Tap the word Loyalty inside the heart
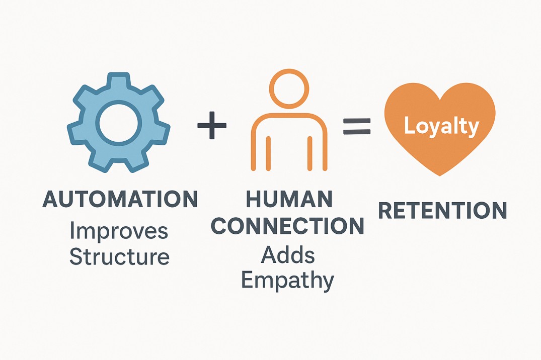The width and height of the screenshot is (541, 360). (441, 126)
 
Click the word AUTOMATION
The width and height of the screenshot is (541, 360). (120, 200)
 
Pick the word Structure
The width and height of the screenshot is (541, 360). (119, 257)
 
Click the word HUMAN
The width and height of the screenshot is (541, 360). (289, 200)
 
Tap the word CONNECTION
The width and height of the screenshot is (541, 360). (287, 227)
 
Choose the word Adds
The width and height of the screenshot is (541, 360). (288, 255)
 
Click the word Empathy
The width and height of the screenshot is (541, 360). (287, 281)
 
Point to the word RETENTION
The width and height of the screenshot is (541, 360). (442, 211)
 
